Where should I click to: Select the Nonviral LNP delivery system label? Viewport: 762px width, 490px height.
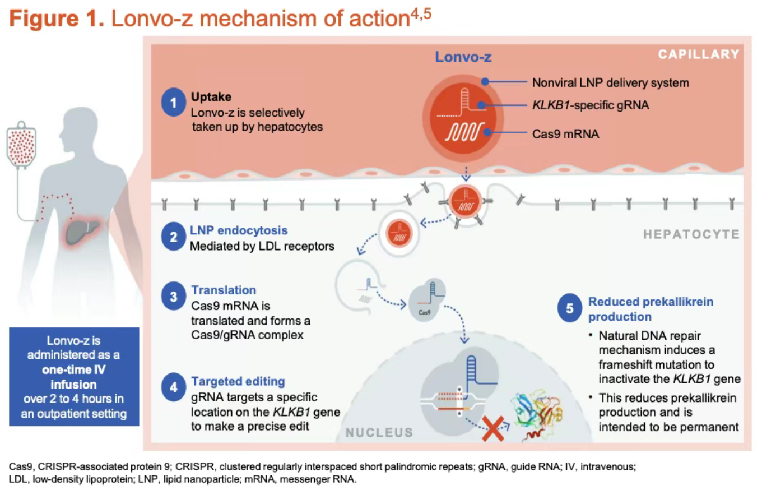pyautogui.click(x=610, y=83)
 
